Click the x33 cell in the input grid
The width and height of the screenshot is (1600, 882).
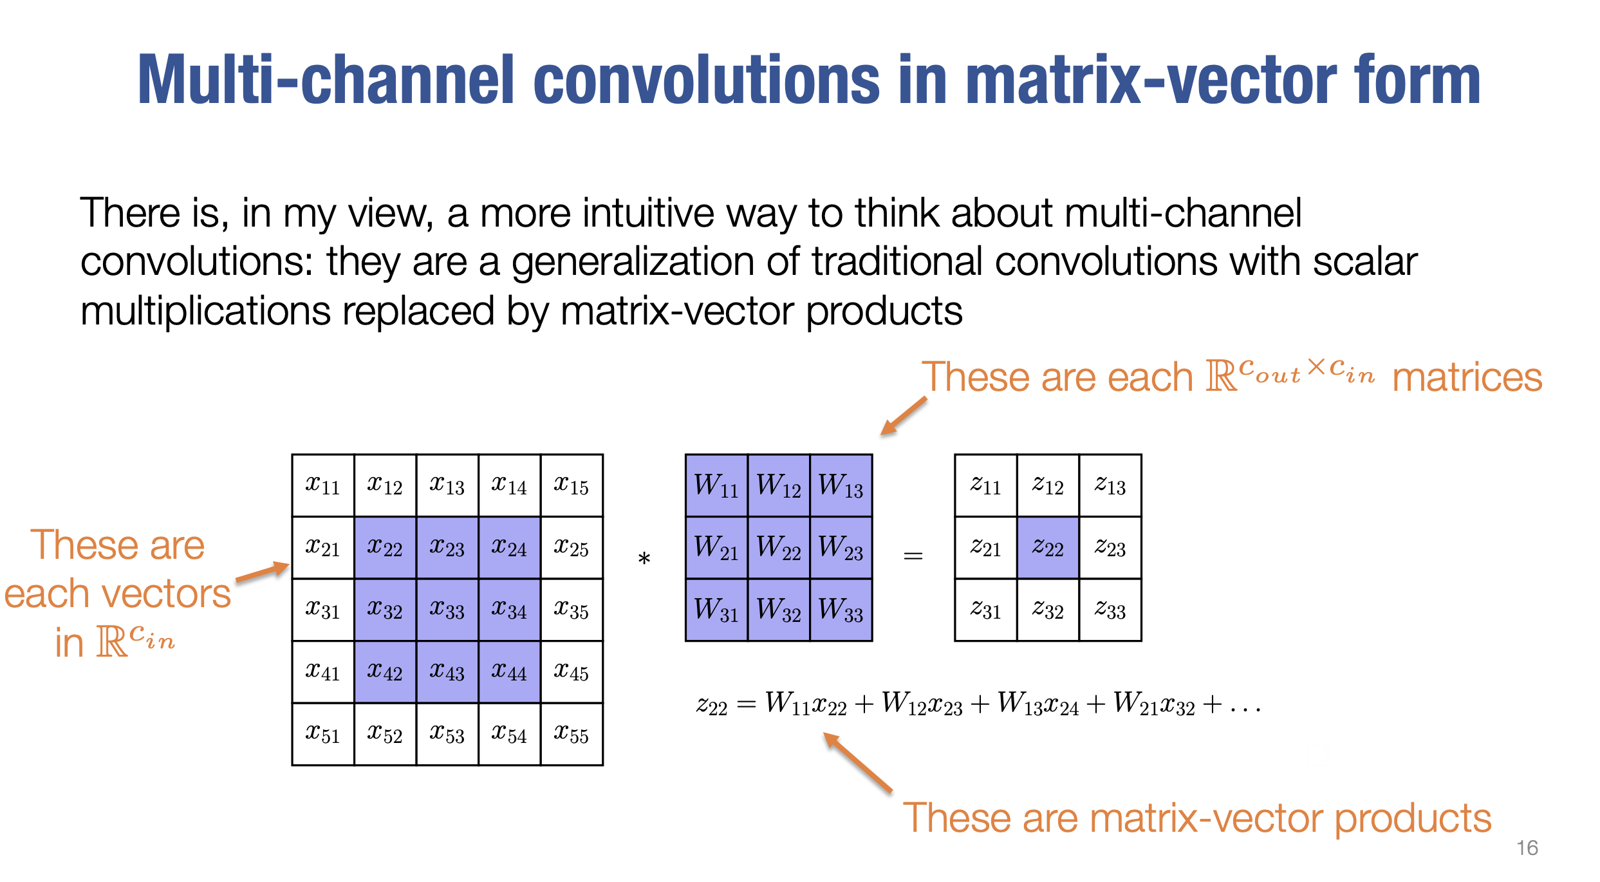coord(447,610)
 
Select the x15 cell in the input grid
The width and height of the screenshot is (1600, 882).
coord(572,485)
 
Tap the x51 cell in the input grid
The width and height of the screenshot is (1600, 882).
coord(323,734)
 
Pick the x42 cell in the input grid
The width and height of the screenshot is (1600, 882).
coord(385,671)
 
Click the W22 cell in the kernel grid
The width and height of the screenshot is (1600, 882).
coord(779,548)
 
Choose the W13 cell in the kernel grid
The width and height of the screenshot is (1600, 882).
coord(841,485)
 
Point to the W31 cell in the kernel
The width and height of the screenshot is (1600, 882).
coord(716,610)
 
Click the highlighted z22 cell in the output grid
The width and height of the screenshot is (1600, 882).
coord(1048,548)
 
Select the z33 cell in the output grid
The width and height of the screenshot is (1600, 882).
coord(1110,610)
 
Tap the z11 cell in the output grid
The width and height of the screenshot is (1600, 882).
coord(986,485)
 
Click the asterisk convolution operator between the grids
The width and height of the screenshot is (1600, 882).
coord(644,559)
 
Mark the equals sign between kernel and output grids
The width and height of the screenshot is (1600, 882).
coord(913,555)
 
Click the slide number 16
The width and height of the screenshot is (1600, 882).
coord(1527,848)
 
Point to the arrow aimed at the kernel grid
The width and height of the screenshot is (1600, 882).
coord(904,416)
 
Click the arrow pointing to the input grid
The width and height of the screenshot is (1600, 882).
coord(263,572)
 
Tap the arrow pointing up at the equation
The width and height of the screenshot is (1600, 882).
coord(858,762)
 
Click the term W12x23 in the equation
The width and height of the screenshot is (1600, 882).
coord(922,704)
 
